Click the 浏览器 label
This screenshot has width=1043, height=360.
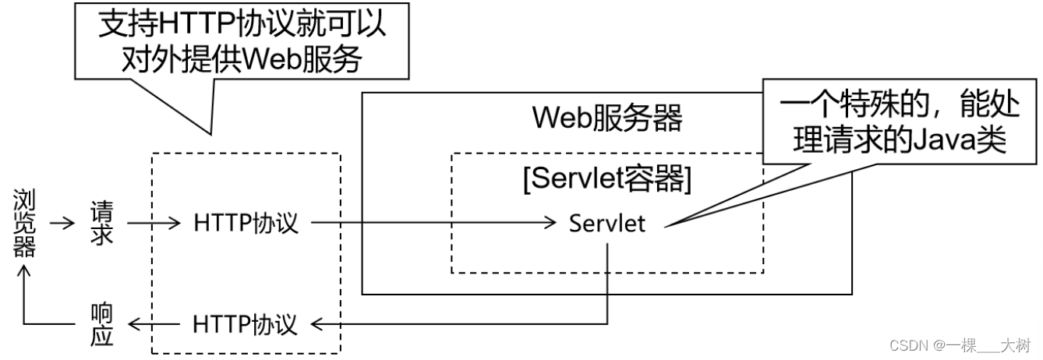click(24, 223)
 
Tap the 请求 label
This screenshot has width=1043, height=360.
click(102, 224)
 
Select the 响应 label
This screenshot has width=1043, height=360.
click(102, 324)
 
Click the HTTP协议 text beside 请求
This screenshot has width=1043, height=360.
click(246, 224)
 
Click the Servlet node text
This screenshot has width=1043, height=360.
click(607, 224)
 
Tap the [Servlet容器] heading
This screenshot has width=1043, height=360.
click(607, 180)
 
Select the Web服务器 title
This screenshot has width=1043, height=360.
click(607, 119)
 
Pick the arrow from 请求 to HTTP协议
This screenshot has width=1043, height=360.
click(154, 224)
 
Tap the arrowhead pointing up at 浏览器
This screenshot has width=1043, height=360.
click(24, 273)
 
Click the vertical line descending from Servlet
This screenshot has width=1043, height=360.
click(607, 281)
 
